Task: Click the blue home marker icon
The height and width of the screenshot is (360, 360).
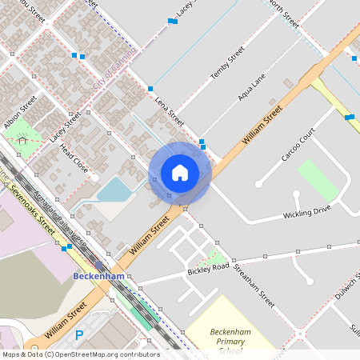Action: point(179,173)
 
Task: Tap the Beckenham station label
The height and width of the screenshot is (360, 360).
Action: point(98,276)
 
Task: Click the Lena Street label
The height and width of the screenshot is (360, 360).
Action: point(170,110)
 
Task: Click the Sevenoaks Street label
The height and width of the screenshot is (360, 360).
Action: point(34,209)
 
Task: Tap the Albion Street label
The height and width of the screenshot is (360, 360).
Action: point(20,113)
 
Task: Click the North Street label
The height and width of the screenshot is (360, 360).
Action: point(284,14)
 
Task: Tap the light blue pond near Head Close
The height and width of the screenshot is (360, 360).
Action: point(114,190)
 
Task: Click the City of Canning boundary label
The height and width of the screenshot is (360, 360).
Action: point(115,68)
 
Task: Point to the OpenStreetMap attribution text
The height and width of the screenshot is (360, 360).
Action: point(80,354)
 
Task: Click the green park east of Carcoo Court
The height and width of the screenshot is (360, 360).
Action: point(318,182)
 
